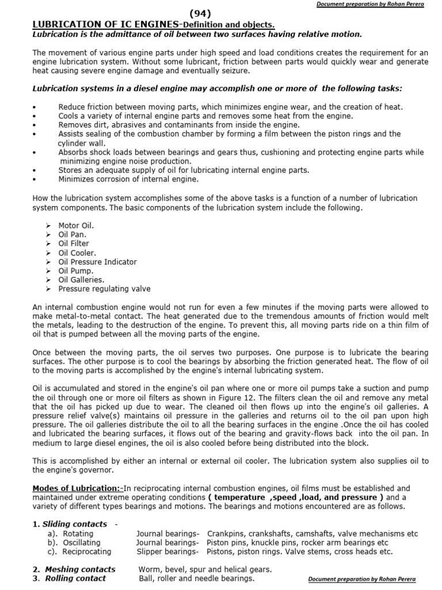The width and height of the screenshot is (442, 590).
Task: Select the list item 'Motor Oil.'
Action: (x=75, y=225)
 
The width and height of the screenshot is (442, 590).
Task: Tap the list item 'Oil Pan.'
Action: (x=72, y=235)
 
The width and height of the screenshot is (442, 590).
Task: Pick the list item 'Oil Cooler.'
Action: (x=77, y=252)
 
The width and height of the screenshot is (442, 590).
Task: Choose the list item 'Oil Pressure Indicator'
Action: (x=97, y=262)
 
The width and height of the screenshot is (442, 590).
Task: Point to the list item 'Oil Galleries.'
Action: (x=81, y=279)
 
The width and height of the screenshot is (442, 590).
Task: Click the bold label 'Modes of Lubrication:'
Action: (x=77, y=489)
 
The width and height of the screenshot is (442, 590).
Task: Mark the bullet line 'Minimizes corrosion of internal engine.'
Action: (x=128, y=179)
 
